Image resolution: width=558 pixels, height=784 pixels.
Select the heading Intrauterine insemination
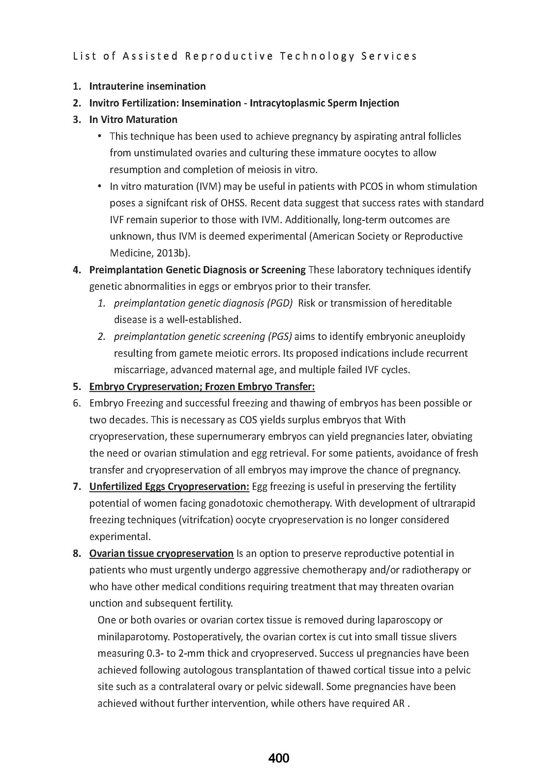tap(147, 86)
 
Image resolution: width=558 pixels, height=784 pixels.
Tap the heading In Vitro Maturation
tap(133, 120)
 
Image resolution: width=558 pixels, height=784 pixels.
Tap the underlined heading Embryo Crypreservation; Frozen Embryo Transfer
tap(202, 387)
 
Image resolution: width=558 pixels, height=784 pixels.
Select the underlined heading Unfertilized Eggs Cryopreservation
tap(169, 487)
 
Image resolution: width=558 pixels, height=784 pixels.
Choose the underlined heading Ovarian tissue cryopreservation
tap(161, 553)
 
